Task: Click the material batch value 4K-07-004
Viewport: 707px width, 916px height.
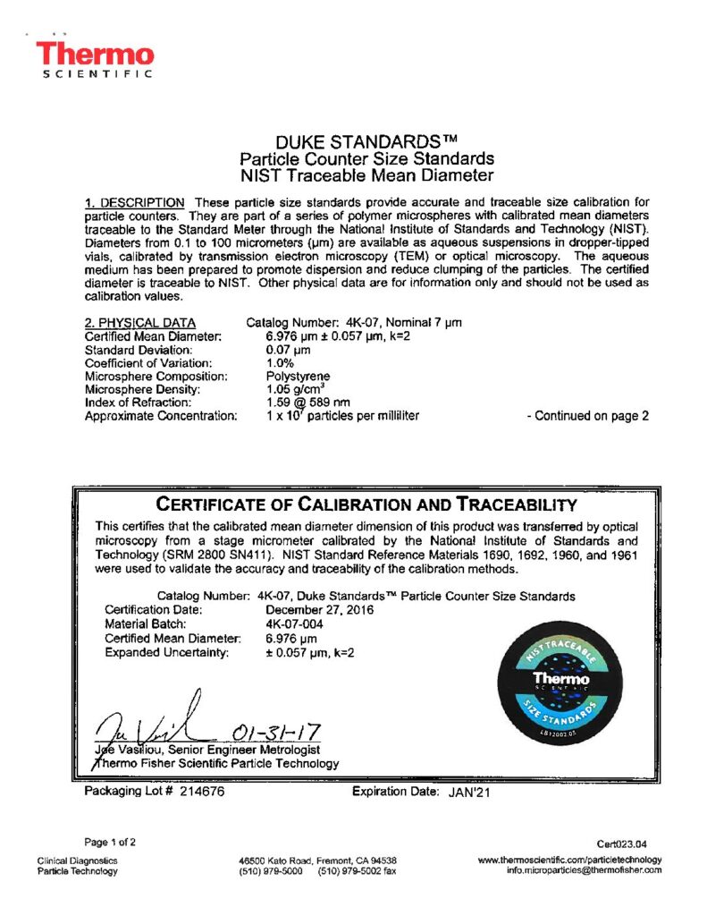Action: coord(294,624)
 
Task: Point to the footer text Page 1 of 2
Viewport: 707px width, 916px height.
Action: coord(111,842)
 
